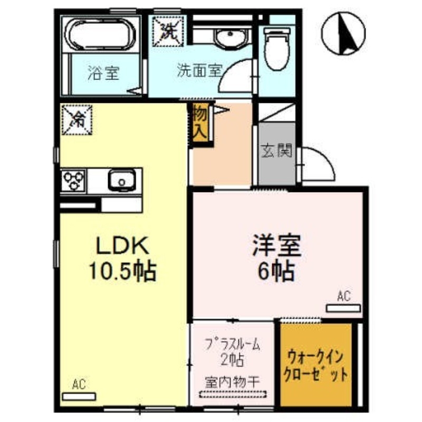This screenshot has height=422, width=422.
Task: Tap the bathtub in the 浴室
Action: coord(100,35)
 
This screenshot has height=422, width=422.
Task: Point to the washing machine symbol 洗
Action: coord(167,29)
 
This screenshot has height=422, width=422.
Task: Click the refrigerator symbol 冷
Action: coord(77,120)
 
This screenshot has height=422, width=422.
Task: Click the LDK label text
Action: coord(123,246)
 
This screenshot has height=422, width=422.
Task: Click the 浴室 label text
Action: coord(103,73)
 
